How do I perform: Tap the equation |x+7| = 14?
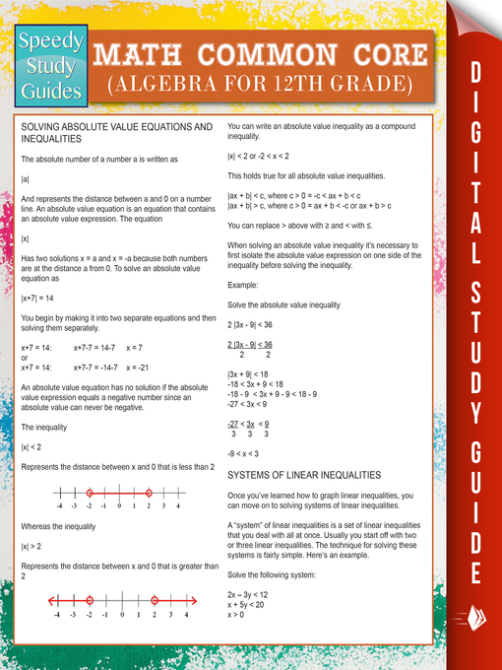(x=36, y=298)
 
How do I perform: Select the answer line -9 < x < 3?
(x=244, y=453)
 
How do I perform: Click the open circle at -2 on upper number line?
(x=90, y=493)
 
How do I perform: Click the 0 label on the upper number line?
(x=119, y=506)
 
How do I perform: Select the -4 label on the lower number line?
(x=59, y=615)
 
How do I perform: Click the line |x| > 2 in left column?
(x=31, y=546)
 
